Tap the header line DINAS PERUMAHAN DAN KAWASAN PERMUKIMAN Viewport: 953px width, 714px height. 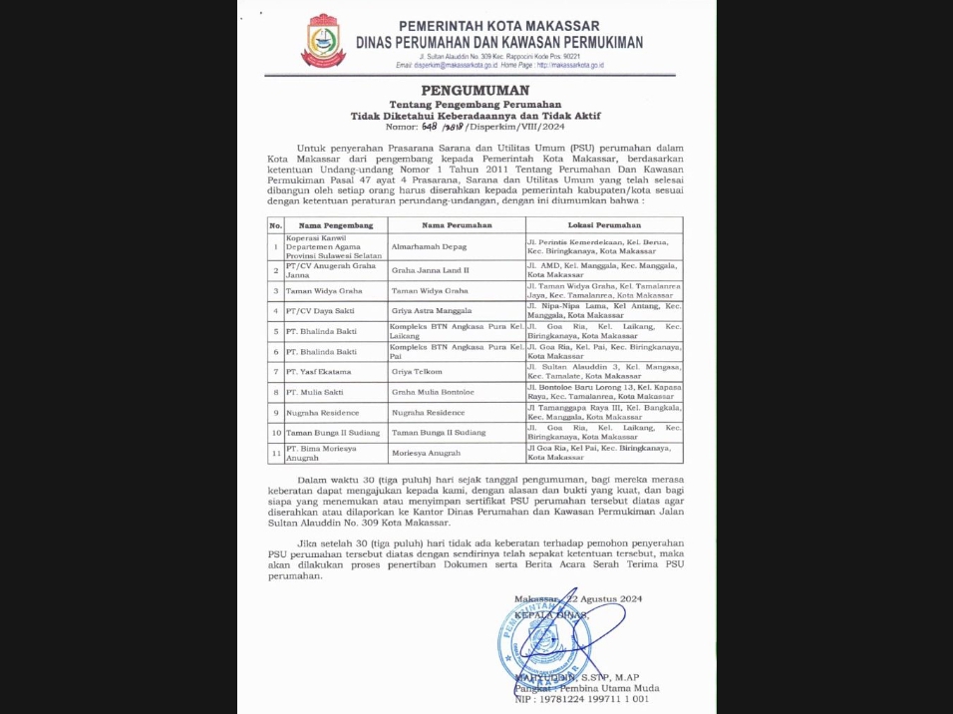(499, 43)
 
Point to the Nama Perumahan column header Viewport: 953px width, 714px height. (454, 225)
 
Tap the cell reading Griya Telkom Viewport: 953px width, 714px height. (418, 371)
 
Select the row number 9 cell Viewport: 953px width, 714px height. (276, 412)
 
